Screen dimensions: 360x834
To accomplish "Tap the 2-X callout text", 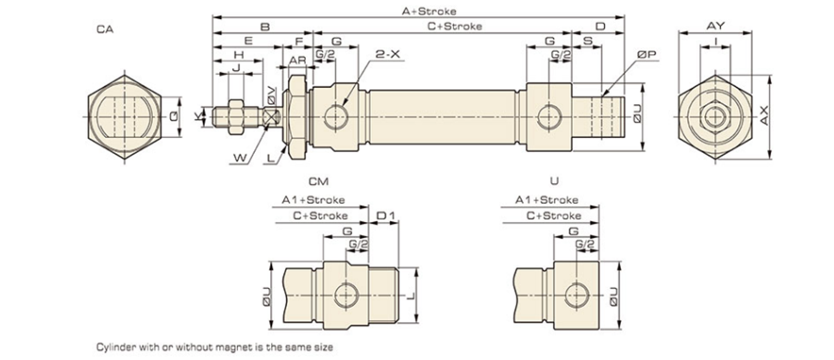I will pos(388,54).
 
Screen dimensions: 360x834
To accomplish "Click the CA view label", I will pos(105,29).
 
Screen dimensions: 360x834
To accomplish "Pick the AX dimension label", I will pos(764,116).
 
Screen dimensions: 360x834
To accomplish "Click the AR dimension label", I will pos(297,60).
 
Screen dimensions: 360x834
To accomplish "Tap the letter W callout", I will pos(240,157).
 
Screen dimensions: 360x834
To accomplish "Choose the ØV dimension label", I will pos(271,95).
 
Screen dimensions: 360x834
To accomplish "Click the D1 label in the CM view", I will pos(386,216).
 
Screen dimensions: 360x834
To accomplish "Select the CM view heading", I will pos(318,182).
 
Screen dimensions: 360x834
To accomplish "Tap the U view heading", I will pos(554,181).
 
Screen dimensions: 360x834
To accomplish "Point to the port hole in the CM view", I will pos(346,295).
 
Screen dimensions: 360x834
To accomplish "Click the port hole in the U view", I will pos(576,295).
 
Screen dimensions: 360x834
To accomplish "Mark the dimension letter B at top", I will pos(265,26).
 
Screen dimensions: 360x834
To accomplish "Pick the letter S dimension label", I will pos(588,40).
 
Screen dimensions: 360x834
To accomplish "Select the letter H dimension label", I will pos(239,54).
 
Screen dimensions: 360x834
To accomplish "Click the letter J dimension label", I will pos(235,67).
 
